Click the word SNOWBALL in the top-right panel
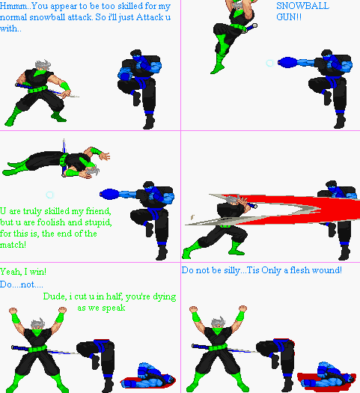302,6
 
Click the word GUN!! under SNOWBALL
289,17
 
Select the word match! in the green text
13,244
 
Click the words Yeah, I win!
23,272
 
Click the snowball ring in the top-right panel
269,63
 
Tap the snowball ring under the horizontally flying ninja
50,195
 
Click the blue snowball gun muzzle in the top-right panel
287,62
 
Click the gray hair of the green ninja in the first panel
43,65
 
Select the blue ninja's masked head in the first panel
136,55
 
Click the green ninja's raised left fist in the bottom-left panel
13,311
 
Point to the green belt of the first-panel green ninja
37,90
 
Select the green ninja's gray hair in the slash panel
233,200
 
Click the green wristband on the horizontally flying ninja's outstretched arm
96,151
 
